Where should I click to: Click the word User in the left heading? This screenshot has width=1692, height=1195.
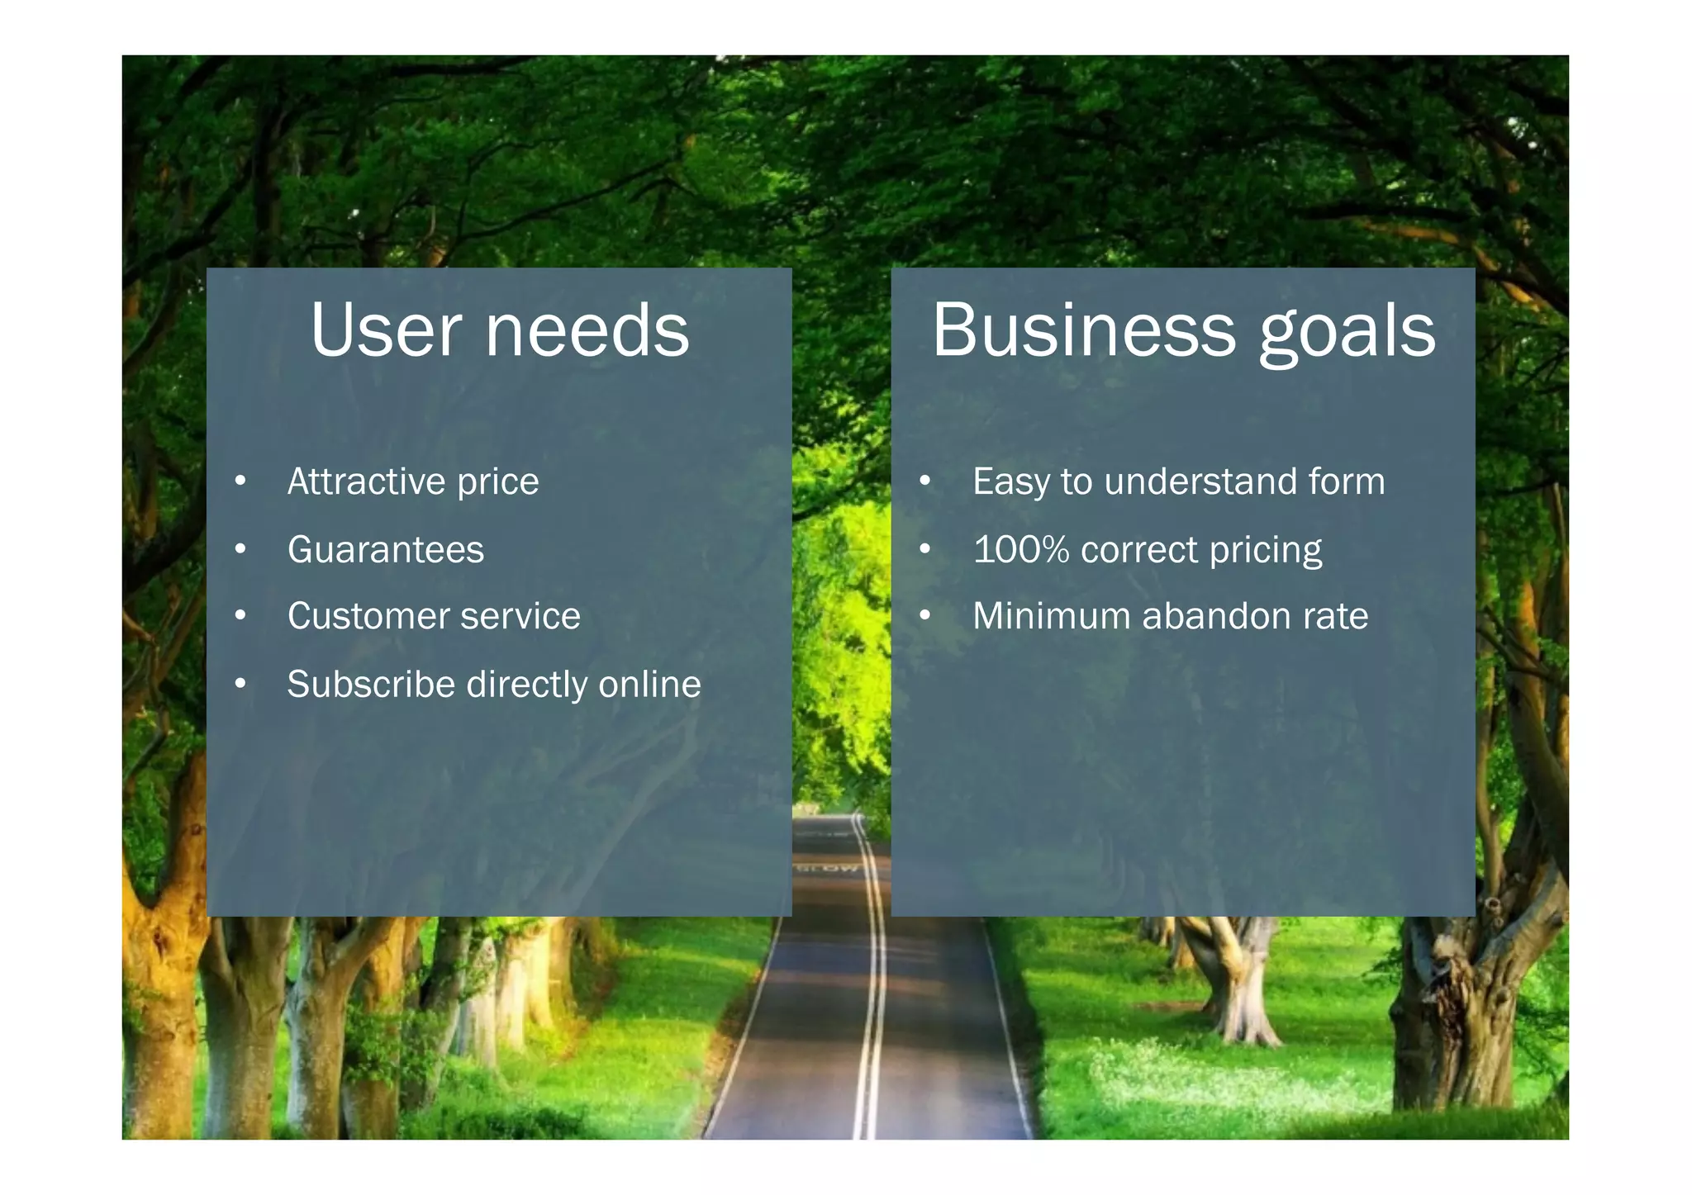385,330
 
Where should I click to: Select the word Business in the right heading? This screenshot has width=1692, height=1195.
1084,330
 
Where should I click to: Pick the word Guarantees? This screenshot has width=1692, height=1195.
386,549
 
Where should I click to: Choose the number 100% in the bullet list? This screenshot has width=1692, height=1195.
1021,549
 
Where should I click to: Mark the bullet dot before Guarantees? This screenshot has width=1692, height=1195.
240,548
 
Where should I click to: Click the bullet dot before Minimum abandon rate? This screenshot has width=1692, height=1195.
925,615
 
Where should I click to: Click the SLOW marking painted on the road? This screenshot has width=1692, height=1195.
828,868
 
